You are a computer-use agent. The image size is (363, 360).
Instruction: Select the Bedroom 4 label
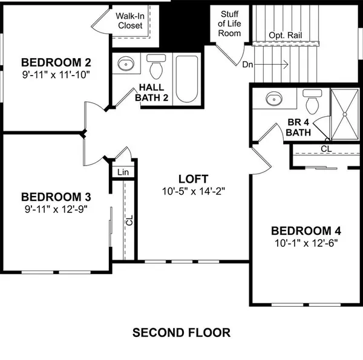click(306, 231)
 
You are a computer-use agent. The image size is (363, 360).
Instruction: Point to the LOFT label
click(194, 179)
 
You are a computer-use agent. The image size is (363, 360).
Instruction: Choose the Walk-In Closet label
click(129, 20)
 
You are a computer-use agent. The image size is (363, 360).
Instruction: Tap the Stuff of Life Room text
click(230, 24)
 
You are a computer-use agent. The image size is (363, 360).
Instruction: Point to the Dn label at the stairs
click(248, 63)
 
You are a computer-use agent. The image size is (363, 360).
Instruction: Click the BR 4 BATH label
click(298, 126)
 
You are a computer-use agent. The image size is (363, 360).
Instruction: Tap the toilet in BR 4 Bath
click(313, 101)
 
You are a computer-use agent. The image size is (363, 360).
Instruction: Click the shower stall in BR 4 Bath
click(347, 114)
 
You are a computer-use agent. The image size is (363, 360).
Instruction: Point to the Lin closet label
click(123, 172)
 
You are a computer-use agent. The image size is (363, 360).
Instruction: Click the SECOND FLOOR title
click(181, 332)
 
